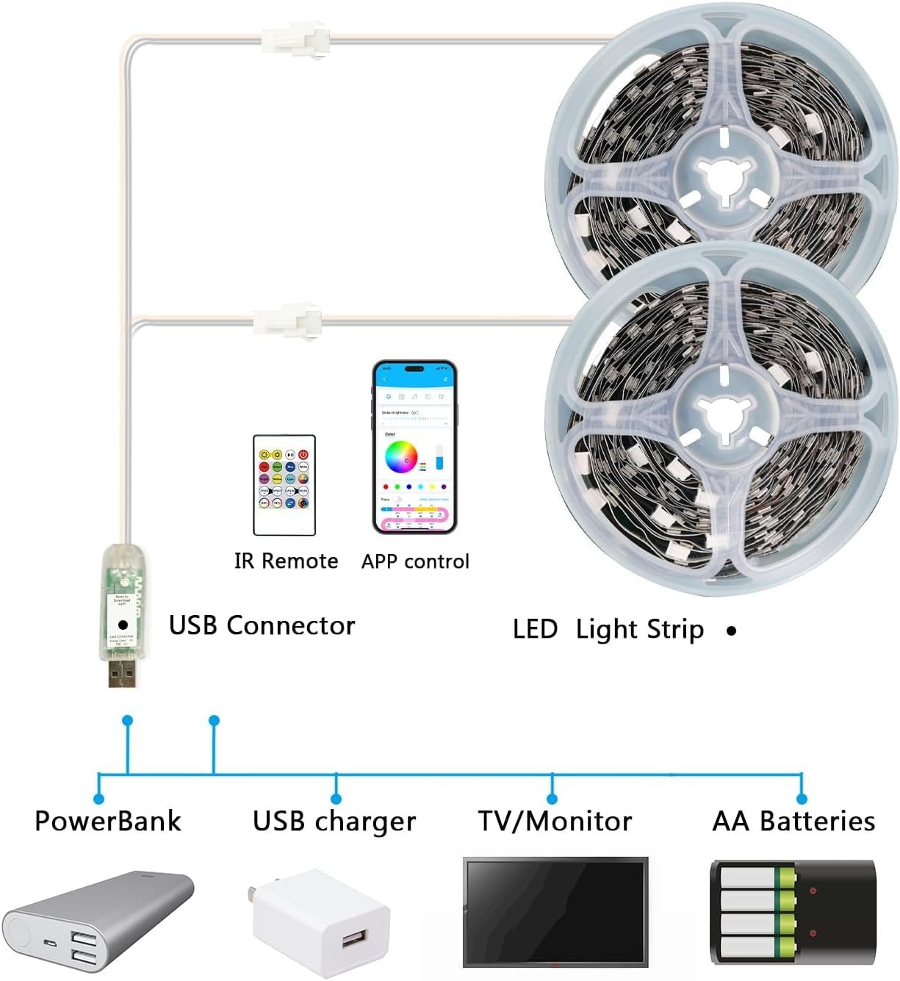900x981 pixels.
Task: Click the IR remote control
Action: point(284,484)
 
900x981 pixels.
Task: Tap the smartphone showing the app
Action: point(414,446)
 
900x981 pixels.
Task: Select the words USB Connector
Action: point(262,625)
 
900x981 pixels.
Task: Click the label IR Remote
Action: point(286,561)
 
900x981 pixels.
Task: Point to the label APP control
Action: point(415,561)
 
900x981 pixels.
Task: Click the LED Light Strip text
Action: point(608,630)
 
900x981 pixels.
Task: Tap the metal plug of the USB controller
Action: point(123,672)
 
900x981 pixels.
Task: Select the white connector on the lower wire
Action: point(287,320)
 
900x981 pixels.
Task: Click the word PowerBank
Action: point(107,821)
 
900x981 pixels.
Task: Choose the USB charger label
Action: point(334,821)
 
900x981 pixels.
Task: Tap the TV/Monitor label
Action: point(555,821)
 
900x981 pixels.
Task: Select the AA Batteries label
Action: point(793,821)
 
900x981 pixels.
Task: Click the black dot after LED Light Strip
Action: point(731,630)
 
